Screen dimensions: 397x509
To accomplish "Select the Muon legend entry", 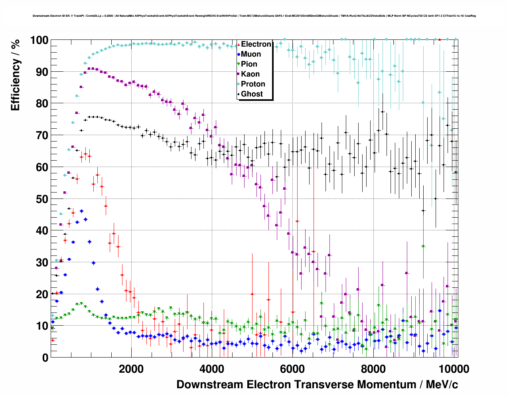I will pos(251,54).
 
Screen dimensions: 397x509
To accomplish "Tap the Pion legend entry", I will pos(249,64).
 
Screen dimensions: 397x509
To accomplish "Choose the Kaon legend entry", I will pos(250,74).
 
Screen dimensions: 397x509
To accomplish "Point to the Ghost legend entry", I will pos(252,94).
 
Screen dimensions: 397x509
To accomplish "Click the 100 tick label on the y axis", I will pos(39,40).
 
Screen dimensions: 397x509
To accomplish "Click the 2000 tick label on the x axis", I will pos(131,369).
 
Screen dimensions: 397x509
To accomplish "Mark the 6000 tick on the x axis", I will pos(292,369).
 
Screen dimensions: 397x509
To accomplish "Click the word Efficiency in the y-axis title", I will pos(15,85).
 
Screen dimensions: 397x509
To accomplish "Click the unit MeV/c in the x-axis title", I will pos(442,385).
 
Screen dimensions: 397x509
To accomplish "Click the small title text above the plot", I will pos(254,16).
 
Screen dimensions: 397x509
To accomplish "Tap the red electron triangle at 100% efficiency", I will pos(439,39).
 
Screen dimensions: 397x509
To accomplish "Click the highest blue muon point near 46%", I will pos(81,211).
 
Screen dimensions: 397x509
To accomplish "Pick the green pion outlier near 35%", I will pos(423,246).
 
